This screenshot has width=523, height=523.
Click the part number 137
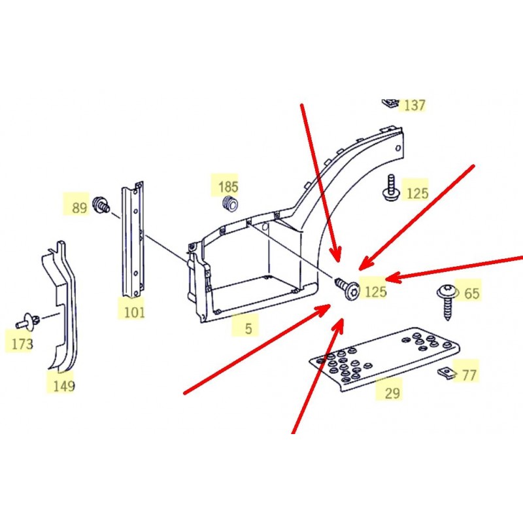click(414, 105)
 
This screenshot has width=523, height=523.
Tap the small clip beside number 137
click(390, 103)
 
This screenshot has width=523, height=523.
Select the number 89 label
click(79, 208)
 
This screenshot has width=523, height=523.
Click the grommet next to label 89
click(101, 205)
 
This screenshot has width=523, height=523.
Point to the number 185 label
click(228, 187)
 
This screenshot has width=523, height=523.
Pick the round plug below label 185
click(230, 204)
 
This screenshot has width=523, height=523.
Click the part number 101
click(134, 312)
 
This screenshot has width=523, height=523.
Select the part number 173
click(22, 344)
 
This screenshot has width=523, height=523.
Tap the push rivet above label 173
click(29, 322)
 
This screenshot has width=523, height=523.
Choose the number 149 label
click(64, 386)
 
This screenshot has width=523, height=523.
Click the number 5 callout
click(248, 329)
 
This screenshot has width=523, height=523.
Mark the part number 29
click(392, 394)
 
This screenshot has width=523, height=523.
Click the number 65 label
click(471, 294)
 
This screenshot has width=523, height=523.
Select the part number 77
click(469, 375)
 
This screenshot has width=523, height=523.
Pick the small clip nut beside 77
click(447, 373)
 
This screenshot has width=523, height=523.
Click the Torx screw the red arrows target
click(348, 289)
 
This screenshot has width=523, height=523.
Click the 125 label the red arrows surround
click(375, 292)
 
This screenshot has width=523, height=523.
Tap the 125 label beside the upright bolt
click(417, 194)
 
